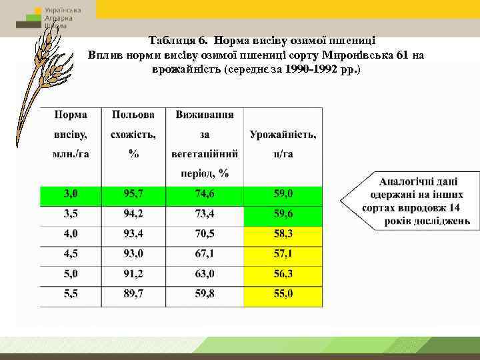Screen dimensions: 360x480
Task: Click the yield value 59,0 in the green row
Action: click(x=283, y=195)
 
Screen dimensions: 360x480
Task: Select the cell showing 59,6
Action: click(x=283, y=215)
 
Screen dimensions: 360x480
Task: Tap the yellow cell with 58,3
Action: click(x=283, y=235)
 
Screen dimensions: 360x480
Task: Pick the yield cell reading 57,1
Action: click(x=283, y=255)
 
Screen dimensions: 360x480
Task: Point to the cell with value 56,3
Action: click(x=283, y=275)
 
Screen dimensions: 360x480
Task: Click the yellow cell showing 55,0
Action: click(x=283, y=294)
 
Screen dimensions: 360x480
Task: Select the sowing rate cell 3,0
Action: click(x=71, y=195)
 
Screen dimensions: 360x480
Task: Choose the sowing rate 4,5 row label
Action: click(x=71, y=255)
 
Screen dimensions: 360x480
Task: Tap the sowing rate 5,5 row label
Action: click(x=71, y=294)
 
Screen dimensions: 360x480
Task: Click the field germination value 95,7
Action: click(x=133, y=195)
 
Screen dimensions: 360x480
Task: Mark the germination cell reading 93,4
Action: click(x=133, y=235)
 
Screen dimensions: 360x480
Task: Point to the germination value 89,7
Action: click(x=133, y=294)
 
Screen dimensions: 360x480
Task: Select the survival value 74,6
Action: click(x=205, y=195)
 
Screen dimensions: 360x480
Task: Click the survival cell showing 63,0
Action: click(x=205, y=275)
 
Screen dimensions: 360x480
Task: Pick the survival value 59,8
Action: click(x=205, y=294)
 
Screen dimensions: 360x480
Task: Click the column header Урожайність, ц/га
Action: click(x=283, y=144)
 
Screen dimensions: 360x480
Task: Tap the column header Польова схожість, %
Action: click(x=133, y=134)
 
